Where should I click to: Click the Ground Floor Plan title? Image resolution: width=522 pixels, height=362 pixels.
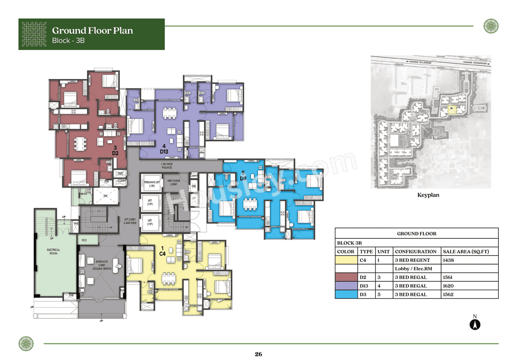tap(92, 31)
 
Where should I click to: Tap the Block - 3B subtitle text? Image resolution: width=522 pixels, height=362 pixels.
tap(69, 41)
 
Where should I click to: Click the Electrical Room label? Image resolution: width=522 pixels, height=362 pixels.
tap(53, 251)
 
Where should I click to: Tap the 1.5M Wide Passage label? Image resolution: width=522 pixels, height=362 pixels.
tap(166, 166)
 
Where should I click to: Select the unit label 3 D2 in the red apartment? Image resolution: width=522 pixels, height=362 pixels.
tap(115, 150)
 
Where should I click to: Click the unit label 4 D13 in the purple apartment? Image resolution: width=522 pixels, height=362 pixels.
tap(164, 149)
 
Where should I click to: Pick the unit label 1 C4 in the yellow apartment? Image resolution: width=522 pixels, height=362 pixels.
tap(162, 251)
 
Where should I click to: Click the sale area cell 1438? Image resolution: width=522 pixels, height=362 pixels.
tap(449, 260)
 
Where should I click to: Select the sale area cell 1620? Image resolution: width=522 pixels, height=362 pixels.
tap(449, 286)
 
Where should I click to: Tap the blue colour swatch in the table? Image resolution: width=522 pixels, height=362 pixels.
tap(346, 295)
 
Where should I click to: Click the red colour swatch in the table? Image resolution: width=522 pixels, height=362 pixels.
tap(346, 278)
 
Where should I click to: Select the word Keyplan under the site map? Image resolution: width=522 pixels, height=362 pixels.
tap(428, 195)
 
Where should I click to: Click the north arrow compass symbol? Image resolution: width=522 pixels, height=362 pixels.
tap(475, 324)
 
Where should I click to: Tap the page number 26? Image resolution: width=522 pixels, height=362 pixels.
tap(258, 354)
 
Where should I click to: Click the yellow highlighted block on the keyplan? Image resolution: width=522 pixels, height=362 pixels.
tap(451, 109)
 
